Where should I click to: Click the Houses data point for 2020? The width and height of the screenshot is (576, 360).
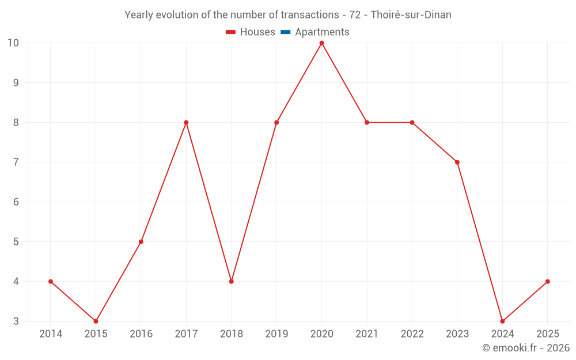click(321, 43)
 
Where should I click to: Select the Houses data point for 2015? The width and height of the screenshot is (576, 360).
click(96, 321)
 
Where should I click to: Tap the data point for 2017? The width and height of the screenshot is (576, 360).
click(186, 123)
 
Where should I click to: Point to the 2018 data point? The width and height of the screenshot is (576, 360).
click(231, 282)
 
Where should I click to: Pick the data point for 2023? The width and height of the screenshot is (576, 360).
click(457, 162)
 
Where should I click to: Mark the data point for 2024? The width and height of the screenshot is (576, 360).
click(502, 321)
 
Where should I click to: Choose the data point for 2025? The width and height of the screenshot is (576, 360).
click(547, 282)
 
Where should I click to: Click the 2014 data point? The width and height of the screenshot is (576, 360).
click(51, 282)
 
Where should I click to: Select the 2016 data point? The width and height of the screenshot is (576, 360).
click(141, 242)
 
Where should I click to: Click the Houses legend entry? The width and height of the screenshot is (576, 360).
click(251, 32)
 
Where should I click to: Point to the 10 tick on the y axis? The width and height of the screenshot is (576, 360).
click(13, 43)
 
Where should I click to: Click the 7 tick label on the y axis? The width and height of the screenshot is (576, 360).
click(16, 162)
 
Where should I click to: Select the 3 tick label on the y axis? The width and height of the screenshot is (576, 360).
click(16, 321)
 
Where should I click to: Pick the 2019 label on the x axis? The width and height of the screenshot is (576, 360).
click(276, 334)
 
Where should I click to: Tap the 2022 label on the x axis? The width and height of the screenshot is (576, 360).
click(412, 334)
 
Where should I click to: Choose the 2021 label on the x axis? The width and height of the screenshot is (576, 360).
click(367, 334)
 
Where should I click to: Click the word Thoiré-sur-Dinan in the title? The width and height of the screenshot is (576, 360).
click(411, 15)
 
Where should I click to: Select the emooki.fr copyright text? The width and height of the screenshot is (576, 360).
click(526, 348)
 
